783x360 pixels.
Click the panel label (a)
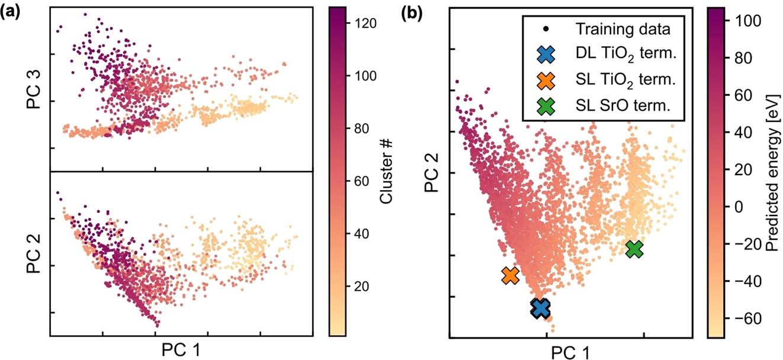point(12,14)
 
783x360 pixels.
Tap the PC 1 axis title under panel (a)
point(181,350)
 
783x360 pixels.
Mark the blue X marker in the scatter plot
point(540,308)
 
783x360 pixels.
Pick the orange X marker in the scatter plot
point(510,275)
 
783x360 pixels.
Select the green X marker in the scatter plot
point(634,249)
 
